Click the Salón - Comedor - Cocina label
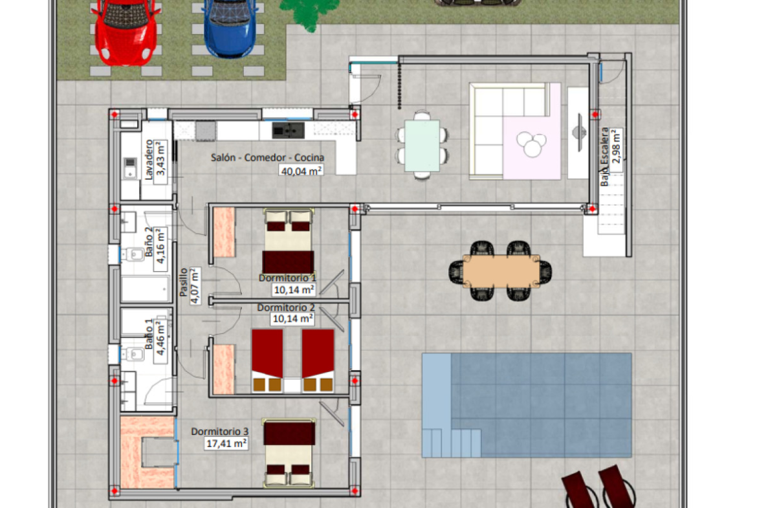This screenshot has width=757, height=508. [x=267, y=157]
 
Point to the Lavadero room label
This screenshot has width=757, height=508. [x=149, y=159]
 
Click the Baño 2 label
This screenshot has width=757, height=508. [x=149, y=242]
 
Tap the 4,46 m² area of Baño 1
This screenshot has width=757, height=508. [x=160, y=338]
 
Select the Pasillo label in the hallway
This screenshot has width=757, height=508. [x=184, y=282]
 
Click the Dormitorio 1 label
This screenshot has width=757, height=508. [x=287, y=278]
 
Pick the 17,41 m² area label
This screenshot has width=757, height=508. [x=226, y=443]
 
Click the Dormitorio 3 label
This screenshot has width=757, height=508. [x=220, y=431]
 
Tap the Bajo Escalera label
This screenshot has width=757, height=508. [x=604, y=157]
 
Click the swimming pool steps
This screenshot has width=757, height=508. [x=452, y=443]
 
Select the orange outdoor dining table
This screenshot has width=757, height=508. [x=501, y=271]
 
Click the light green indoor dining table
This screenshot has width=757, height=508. [x=422, y=146]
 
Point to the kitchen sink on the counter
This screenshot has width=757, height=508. [x=288, y=130]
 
